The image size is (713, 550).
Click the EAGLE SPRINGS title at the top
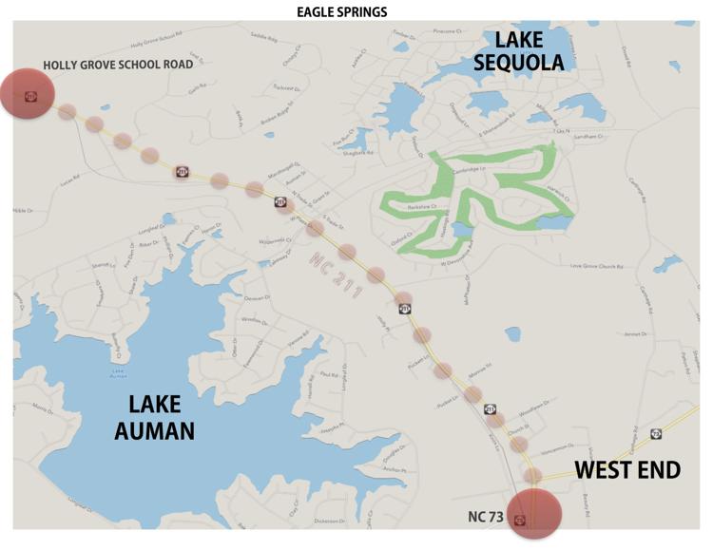pyautogui.click(x=341, y=11)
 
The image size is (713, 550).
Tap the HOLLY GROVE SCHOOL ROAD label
pyautogui.click(x=118, y=65)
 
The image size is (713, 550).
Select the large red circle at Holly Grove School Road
pyautogui.click(x=29, y=94)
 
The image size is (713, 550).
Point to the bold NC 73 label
pyautogui.click(x=485, y=518)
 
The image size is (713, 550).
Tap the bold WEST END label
pyautogui.click(x=627, y=470)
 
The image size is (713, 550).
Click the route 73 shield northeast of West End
pyautogui.click(x=656, y=434)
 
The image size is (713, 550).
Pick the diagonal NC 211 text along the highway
pyautogui.click(x=336, y=276)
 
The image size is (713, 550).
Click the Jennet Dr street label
pyautogui.click(x=634, y=333)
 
